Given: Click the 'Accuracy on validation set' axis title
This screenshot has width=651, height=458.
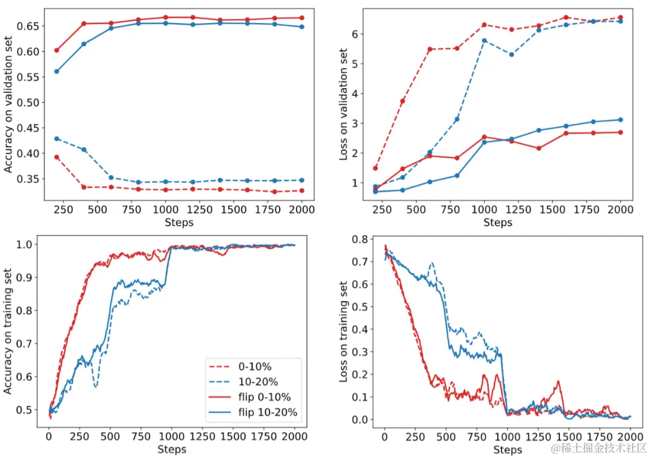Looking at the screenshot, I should (9, 103).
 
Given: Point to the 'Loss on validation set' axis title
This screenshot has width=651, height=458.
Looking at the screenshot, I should (344, 103).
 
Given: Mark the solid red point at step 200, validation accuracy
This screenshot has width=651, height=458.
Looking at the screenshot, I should (57, 50).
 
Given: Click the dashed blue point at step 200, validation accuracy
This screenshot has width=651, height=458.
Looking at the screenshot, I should (57, 138).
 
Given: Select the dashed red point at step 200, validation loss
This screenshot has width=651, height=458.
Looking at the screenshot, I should (376, 168).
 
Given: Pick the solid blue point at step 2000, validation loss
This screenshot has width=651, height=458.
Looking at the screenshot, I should (620, 119).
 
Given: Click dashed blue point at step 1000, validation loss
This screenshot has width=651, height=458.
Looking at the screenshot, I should (484, 40).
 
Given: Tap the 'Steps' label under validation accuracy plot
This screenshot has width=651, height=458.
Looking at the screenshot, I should (179, 223).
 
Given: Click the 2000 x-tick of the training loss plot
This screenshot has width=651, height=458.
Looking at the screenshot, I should (630, 436).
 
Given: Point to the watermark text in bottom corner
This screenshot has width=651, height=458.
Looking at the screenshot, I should (603, 447).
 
